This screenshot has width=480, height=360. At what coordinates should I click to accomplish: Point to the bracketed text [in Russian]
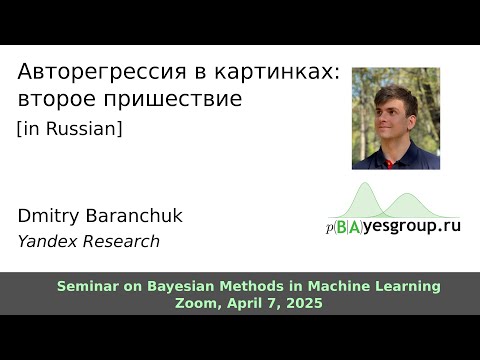tap(70, 129)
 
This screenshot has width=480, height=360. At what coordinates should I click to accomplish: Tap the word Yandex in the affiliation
tap(46, 241)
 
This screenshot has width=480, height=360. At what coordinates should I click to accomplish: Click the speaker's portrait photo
tap(395, 118)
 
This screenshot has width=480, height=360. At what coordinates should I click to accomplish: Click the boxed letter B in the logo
tap(343, 226)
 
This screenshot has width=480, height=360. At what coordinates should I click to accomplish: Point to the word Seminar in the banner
tap(87, 287)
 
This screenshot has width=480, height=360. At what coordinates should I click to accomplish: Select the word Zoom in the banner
tap(196, 303)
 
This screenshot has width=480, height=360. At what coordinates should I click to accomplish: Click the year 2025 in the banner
tap(303, 303)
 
